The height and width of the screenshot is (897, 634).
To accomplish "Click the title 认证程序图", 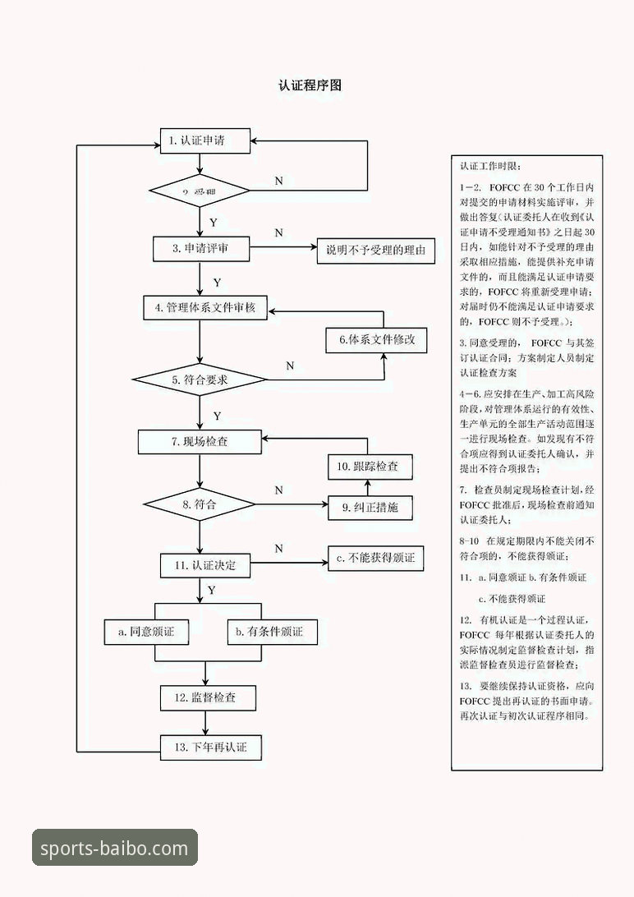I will (310, 85).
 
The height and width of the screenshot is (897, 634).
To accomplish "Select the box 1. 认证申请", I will (204, 141).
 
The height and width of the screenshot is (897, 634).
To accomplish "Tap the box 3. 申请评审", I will (201, 249).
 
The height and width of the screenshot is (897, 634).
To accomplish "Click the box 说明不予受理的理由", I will (376, 251).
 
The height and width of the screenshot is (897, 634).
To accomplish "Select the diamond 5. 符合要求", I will (200, 380).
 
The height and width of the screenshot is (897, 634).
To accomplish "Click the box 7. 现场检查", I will (200, 442).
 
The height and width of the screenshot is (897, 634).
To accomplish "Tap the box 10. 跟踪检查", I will (370, 467).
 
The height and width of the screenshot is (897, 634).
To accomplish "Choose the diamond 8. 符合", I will (200, 504).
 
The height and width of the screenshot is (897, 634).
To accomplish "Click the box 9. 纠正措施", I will (370, 508).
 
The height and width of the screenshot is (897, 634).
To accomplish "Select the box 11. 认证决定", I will (204, 565).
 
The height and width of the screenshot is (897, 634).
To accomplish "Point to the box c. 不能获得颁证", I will (375, 559).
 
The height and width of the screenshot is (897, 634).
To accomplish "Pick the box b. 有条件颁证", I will (272, 632).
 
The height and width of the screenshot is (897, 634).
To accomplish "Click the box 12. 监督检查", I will (208, 698).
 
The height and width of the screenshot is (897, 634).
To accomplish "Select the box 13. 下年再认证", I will (212, 747).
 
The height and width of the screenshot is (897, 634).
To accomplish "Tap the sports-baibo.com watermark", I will (115, 849).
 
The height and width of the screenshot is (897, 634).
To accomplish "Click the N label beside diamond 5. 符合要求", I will (289, 366).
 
